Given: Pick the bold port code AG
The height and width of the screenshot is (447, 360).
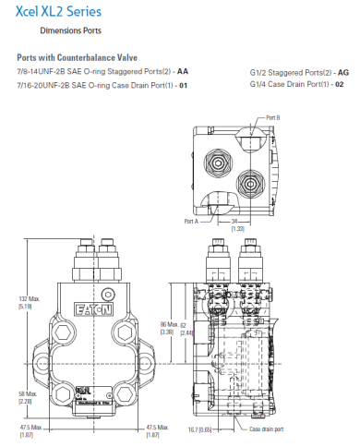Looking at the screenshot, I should [343, 71].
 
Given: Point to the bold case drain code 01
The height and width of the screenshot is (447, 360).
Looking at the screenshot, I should [183, 84].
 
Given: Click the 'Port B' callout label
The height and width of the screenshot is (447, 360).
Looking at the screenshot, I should [272, 117].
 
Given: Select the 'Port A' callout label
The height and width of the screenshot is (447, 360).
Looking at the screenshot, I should [192, 221].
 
